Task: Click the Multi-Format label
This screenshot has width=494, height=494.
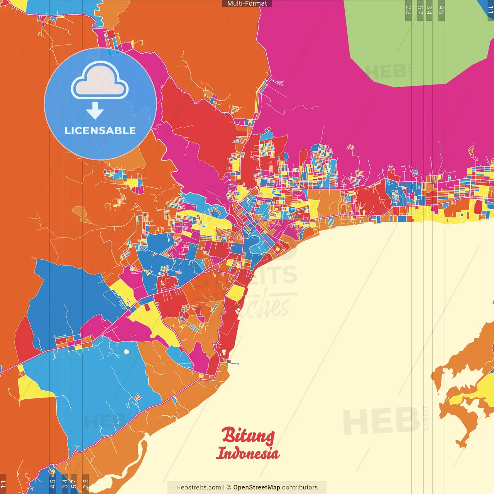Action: click(247, 3)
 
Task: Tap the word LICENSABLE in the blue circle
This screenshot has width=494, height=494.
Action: click(100, 130)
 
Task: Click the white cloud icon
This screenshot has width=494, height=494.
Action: click(100, 80)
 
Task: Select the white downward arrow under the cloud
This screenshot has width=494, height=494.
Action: click(95, 111)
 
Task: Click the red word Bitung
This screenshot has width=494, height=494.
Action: click(248, 436)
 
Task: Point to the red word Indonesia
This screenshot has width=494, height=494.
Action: click(248, 453)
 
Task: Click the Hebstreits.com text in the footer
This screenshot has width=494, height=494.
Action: click(198, 487)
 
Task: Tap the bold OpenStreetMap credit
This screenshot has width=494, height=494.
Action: click(256, 487)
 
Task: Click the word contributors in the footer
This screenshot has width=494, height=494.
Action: click(300, 487)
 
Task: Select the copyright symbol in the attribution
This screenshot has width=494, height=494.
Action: click(229, 487)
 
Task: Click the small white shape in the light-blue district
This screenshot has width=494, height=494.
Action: click(126, 352)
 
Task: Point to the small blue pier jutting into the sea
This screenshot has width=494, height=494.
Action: click(234, 363)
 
